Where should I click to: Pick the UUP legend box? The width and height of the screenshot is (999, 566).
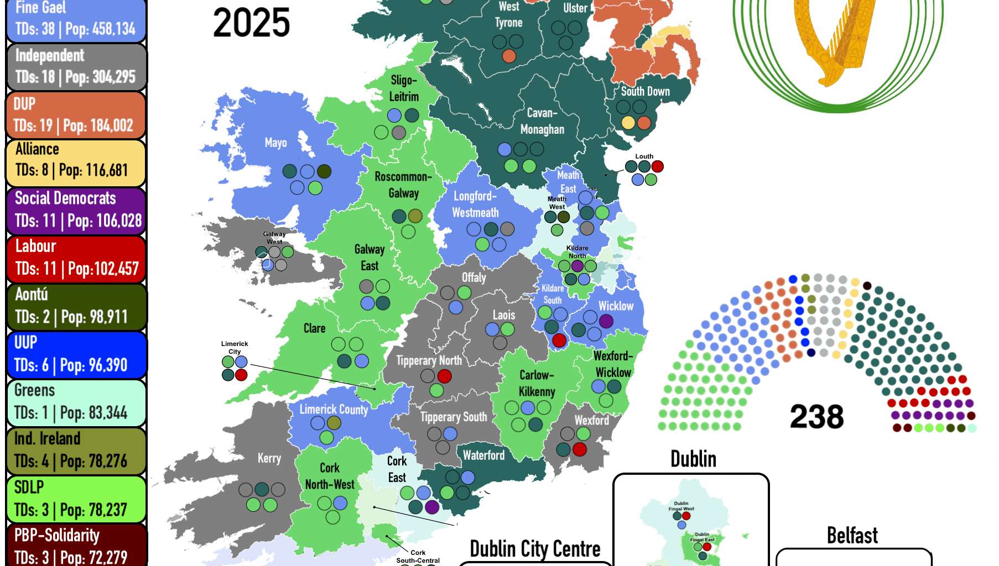click(76, 354)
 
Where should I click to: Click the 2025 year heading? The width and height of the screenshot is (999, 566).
click(251, 23)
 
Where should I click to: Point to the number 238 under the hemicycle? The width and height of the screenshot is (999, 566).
click(816, 417)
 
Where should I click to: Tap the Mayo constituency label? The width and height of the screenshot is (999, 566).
click(275, 143)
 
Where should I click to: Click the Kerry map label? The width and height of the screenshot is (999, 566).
click(269, 458)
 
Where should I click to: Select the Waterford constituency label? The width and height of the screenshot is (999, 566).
click(483, 455)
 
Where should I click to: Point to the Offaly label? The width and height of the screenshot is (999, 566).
click(474, 277)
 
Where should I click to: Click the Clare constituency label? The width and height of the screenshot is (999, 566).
click(314, 328)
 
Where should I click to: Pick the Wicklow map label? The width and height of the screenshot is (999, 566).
click(616, 306)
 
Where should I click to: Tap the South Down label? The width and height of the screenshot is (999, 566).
click(645, 92)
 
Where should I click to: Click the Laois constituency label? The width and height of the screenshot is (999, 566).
click(504, 315)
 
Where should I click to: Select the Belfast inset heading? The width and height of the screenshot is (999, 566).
click(852, 536)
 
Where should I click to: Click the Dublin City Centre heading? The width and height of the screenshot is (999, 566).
click(535, 549)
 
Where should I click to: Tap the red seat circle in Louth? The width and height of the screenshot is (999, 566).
click(657, 166)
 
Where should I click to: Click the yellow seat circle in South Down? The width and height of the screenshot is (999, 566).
click(628, 122)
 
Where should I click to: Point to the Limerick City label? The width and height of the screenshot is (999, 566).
click(235, 347)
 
